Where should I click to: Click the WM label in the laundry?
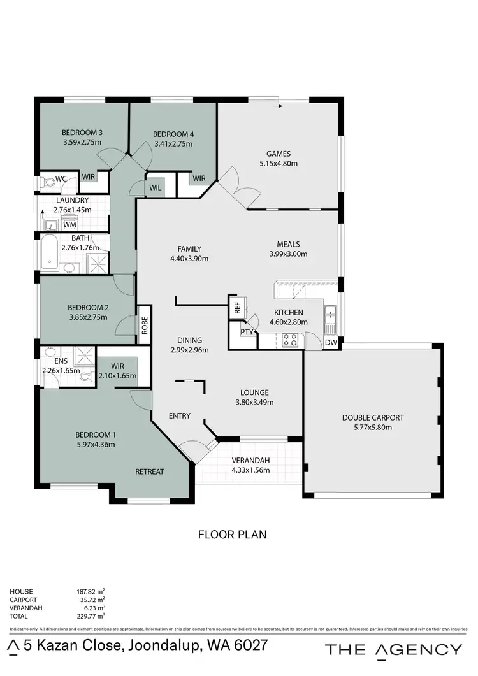coord(69,224)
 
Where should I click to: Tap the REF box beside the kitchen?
coord(238,308)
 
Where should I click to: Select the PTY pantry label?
coord(246,332)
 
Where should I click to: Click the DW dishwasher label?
coord(331,342)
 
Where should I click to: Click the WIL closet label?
coord(155,187)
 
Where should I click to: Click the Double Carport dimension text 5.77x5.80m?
coord(373,428)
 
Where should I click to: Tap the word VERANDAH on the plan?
coord(250,461)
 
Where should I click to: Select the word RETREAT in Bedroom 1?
coord(150,471)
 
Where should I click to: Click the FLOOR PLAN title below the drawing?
coord(233,535)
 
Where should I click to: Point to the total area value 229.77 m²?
coord(91,616)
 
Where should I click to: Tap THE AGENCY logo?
coord(393,649)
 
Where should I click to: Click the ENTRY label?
coord(180,416)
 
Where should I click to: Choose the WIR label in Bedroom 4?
coord(199,178)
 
